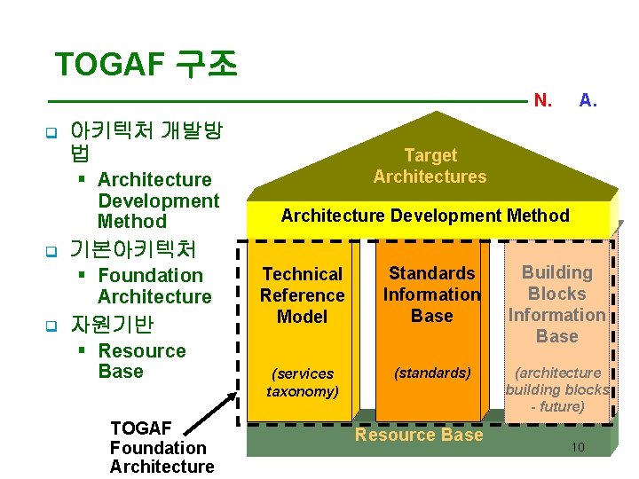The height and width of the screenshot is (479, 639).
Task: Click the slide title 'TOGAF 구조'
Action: tap(146, 65)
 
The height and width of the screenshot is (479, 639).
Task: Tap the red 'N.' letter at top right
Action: tap(543, 101)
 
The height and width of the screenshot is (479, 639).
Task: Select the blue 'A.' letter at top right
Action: tap(588, 101)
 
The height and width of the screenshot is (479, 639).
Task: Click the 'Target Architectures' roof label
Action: tap(430, 166)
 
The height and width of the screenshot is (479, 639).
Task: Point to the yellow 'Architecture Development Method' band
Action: tap(425, 216)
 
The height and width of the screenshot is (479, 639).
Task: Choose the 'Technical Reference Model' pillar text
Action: tap(302, 295)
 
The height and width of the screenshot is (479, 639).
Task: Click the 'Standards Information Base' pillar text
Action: tap(431, 294)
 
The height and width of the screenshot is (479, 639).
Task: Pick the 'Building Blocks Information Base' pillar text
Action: tap(556, 304)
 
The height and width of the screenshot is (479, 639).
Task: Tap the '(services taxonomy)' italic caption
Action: tap(302, 382)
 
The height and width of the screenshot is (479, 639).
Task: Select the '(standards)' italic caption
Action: tap(432, 373)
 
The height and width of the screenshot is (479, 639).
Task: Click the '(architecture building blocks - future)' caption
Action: tap(556, 389)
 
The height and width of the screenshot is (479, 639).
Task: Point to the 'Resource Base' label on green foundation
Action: tap(419, 435)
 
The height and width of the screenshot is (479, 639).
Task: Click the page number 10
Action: tap(578, 447)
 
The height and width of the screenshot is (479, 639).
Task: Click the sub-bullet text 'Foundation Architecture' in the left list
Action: tap(154, 286)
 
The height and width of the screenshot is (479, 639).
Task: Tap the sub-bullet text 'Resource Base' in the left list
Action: tap(141, 361)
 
